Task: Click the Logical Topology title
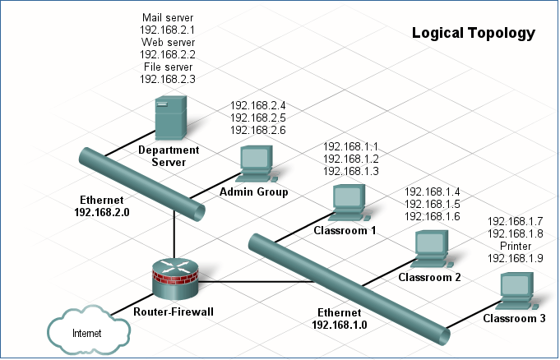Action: (473, 34)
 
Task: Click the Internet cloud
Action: (87, 331)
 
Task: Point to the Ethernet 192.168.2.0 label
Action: (102, 205)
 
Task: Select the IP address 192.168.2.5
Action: (257, 118)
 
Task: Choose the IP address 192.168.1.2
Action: (351, 159)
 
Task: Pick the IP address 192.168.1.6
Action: (432, 216)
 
